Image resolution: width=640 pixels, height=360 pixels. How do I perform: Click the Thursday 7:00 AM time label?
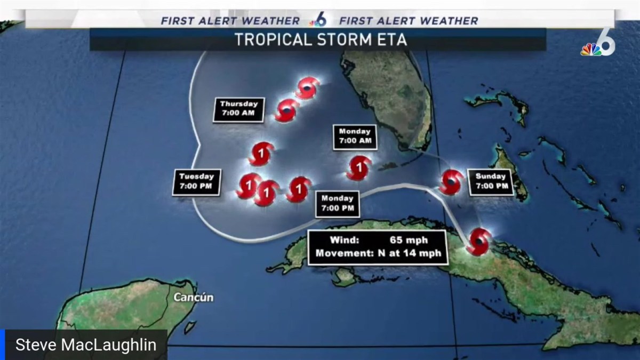tap(238, 109)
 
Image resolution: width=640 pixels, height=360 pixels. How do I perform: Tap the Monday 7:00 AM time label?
tap(355, 137)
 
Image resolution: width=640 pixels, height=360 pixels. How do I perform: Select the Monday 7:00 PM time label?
tap(337, 203)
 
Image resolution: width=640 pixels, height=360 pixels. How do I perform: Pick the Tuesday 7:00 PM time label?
tap(196, 181)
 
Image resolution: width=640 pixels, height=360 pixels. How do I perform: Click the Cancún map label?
tap(193, 297)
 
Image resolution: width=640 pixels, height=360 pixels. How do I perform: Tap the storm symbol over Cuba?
tap(479, 242)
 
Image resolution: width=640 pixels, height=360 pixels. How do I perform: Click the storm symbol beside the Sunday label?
tap(452, 182)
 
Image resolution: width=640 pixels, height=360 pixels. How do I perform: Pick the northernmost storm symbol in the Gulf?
tap(308, 88)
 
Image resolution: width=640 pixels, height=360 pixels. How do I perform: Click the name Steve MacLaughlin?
tap(86, 345)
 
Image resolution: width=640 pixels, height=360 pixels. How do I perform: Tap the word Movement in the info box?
tap(341, 253)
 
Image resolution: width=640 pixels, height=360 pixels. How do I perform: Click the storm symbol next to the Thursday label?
tap(287, 110)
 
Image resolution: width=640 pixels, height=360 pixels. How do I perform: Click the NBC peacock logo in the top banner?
tap(318, 21)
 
